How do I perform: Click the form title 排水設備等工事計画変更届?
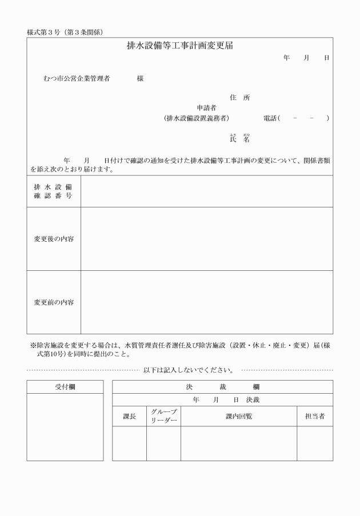[179, 46]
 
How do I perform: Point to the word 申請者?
[206, 107]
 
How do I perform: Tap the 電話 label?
[270, 118]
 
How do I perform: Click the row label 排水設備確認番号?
[53, 191]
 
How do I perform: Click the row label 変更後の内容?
[53, 239]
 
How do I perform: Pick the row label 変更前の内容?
[53, 302]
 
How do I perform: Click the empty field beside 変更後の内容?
[206, 239]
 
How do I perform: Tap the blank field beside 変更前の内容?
[206, 302]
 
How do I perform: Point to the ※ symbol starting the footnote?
[33, 345]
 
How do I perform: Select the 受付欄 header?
[65, 387]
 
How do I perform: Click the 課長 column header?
[130, 417]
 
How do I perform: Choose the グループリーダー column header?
[163, 417]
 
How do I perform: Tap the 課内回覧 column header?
[238, 417]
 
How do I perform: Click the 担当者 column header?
[314, 417]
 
